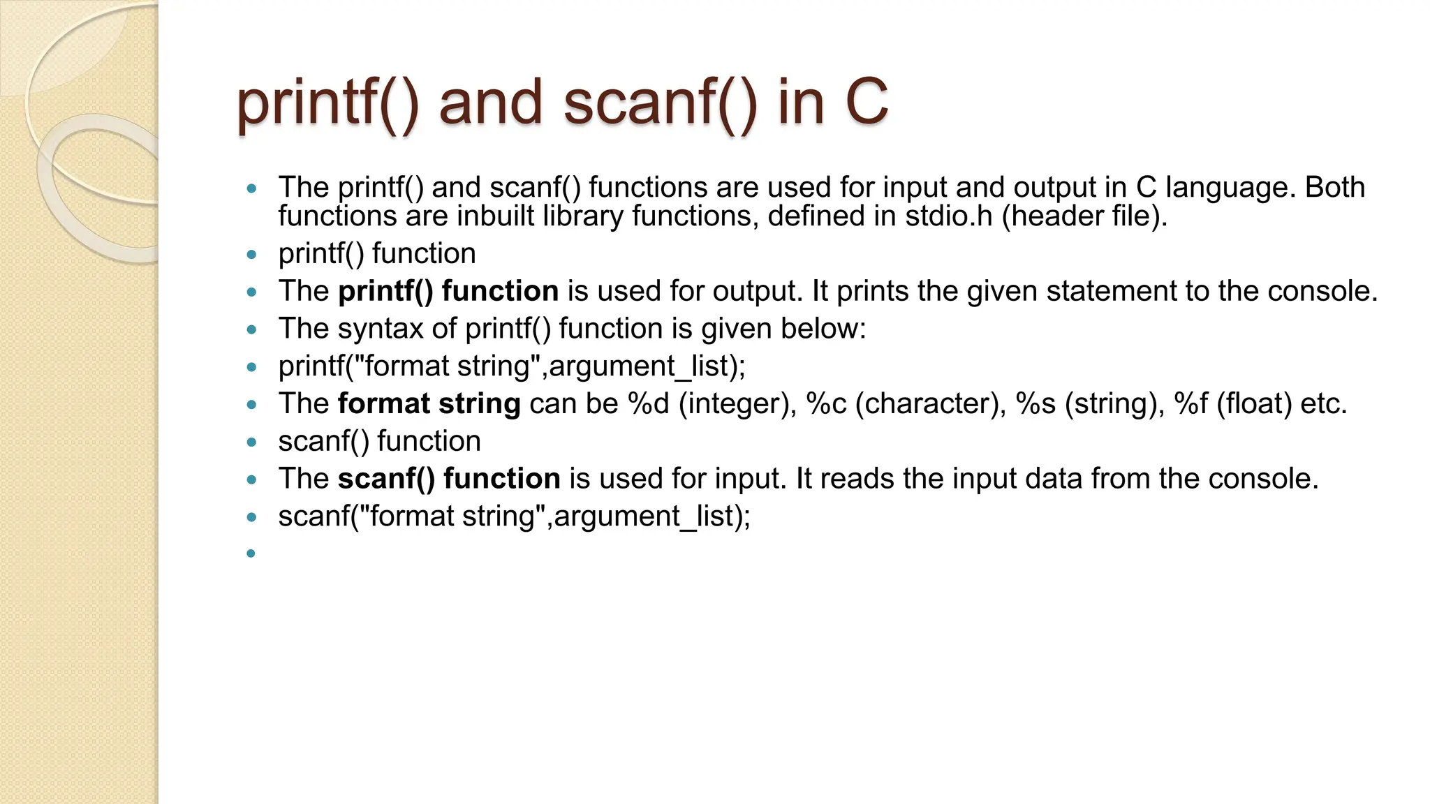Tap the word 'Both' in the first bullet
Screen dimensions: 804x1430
tap(1334, 187)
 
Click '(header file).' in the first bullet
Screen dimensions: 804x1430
tap(1084, 216)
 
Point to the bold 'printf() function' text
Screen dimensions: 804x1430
tap(448, 291)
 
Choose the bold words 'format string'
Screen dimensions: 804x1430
tap(429, 404)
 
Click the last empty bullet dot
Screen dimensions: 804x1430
tap(251, 553)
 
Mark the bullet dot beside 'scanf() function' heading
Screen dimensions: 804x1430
tap(251, 442)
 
